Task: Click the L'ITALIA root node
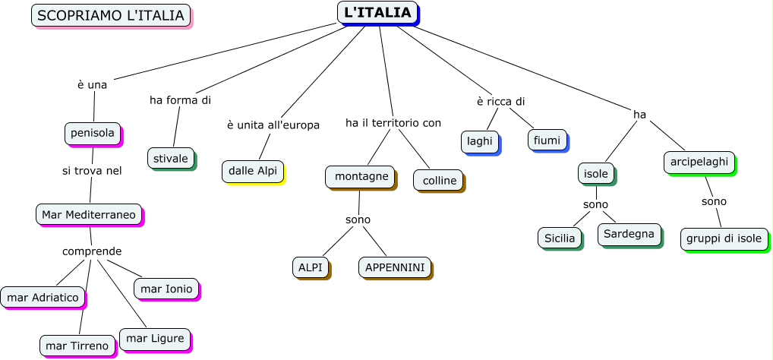click(x=377, y=12)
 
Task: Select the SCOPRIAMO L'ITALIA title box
click(x=110, y=15)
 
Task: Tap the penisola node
click(x=93, y=133)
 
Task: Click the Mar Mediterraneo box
click(x=89, y=215)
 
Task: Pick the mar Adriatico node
click(x=43, y=298)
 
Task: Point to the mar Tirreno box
click(x=77, y=346)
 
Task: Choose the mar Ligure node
click(x=153, y=338)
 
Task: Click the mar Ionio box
click(x=166, y=289)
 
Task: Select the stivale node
click(x=170, y=158)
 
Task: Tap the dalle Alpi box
click(x=252, y=171)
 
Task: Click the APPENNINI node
click(x=394, y=267)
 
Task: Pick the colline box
click(x=439, y=180)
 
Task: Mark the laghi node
click(x=479, y=141)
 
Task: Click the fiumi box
click(x=547, y=140)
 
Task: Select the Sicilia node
click(x=560, y=238)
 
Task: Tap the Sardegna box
click(x=629, y=234)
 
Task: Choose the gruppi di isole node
click(x=723, y=238)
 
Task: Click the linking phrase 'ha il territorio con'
click(x=393, y=122)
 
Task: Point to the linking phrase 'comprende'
click(x=91, y=251)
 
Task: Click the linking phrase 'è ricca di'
click(x=500, y=101)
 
